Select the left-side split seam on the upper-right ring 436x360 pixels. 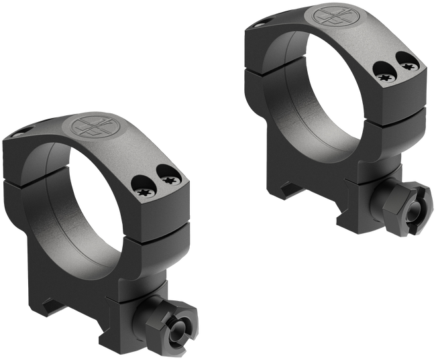(x=263, y=69)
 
